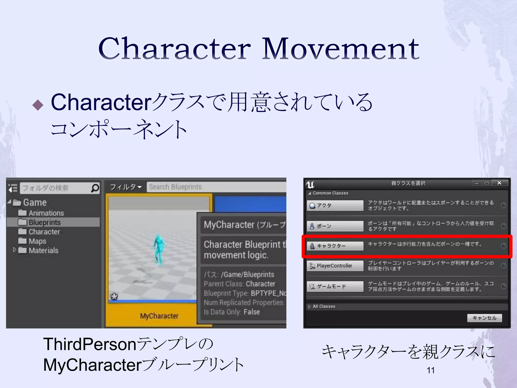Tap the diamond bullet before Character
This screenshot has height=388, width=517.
point(38,105)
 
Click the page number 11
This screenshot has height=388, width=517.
point(430,370)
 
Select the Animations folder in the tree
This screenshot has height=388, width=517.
point(46,213)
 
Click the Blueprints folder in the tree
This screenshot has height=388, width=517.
point(44,222)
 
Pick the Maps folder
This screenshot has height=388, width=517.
point(37,241)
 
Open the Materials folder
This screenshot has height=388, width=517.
point(43,250)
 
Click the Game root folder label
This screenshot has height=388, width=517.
point(35,202)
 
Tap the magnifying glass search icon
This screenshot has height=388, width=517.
point(95,188)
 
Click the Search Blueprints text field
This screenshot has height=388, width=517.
point(216,187)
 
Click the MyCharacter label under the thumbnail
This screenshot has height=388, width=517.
point(159,316)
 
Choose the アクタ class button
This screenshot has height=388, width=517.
point(335,205)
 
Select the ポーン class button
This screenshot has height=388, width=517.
point(335,226)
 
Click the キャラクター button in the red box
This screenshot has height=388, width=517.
point(335,246)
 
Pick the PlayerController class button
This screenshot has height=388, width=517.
point(335,266)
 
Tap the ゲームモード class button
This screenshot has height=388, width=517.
point(335,286)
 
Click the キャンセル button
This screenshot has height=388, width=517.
point(484,318)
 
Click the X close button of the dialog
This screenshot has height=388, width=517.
point(499,183)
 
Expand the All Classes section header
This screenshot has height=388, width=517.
point(324,306)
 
